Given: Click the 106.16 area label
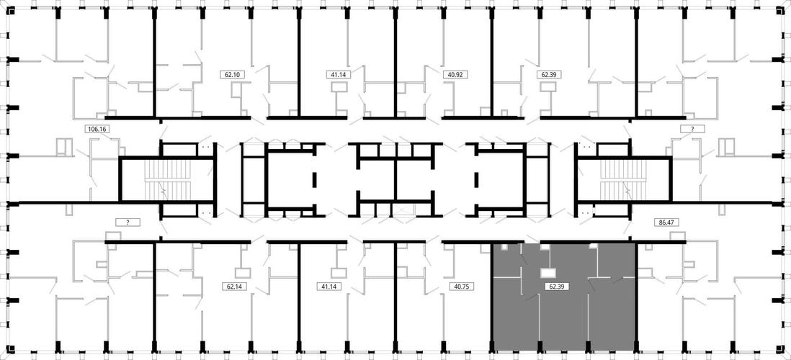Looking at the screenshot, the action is click(97, 129).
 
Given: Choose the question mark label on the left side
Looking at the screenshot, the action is click(128, 222).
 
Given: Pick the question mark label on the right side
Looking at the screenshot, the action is click(692, 129).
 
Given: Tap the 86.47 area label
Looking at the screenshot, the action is click(665, 221).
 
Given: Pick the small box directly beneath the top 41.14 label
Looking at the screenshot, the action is click(339, 87).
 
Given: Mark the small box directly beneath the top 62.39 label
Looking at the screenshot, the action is click(548, 87).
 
